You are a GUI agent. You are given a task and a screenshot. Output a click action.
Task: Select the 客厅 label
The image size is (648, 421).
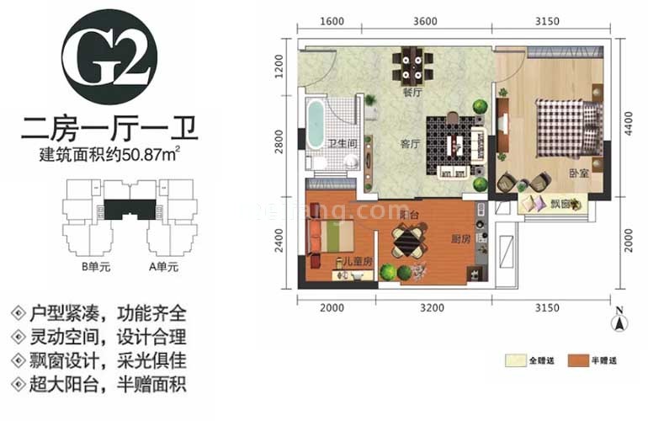tap(410, 143)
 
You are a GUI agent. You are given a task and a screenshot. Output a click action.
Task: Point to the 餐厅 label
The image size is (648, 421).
tap(412, 94)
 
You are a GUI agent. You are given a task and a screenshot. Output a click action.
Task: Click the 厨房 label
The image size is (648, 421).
tap(460, 239)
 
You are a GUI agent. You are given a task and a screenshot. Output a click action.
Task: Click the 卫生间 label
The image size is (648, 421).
tap(339, 143)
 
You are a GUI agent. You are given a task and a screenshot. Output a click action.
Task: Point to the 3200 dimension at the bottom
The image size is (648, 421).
tap(431, 308)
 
